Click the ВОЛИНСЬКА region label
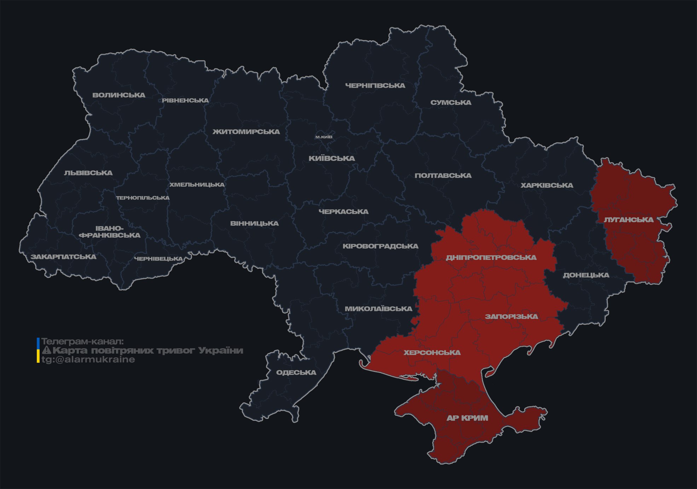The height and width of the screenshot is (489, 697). [x=119, y=95]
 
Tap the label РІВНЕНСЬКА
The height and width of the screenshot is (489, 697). [x=185, y=100]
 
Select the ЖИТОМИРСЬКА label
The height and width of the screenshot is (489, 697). [x=246, y=132]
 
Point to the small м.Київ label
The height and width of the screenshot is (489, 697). [x=324, y=137]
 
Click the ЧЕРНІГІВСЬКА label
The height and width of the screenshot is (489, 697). [x=375, y=86]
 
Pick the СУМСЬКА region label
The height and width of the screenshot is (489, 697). [x=451, y=103]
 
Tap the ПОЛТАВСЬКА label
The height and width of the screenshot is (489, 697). [x=443, y=176]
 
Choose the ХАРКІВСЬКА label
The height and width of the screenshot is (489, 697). [x=547, y=185]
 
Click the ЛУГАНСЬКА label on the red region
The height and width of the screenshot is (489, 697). [x=629, y=220]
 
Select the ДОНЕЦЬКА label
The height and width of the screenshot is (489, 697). [x=586, y=275]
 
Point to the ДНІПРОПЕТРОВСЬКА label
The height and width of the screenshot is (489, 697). [x=491, y=257]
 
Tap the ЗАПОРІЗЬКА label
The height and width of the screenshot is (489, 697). [x=511, y=316]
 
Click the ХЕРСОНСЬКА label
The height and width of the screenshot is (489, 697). [x=432, y=353]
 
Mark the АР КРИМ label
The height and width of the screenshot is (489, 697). [x=467, y=418]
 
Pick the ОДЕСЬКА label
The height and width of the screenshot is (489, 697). [x=296, y=372]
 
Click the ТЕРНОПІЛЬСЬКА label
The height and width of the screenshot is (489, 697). [x=143, y=198]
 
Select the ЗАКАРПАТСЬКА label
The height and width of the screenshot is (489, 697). [x=63, y=257]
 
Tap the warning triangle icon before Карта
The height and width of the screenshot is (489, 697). [x=46, y=350]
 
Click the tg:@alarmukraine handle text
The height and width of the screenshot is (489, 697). [x=88, y=360]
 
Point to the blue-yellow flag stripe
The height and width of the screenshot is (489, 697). [x=38, y=350]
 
